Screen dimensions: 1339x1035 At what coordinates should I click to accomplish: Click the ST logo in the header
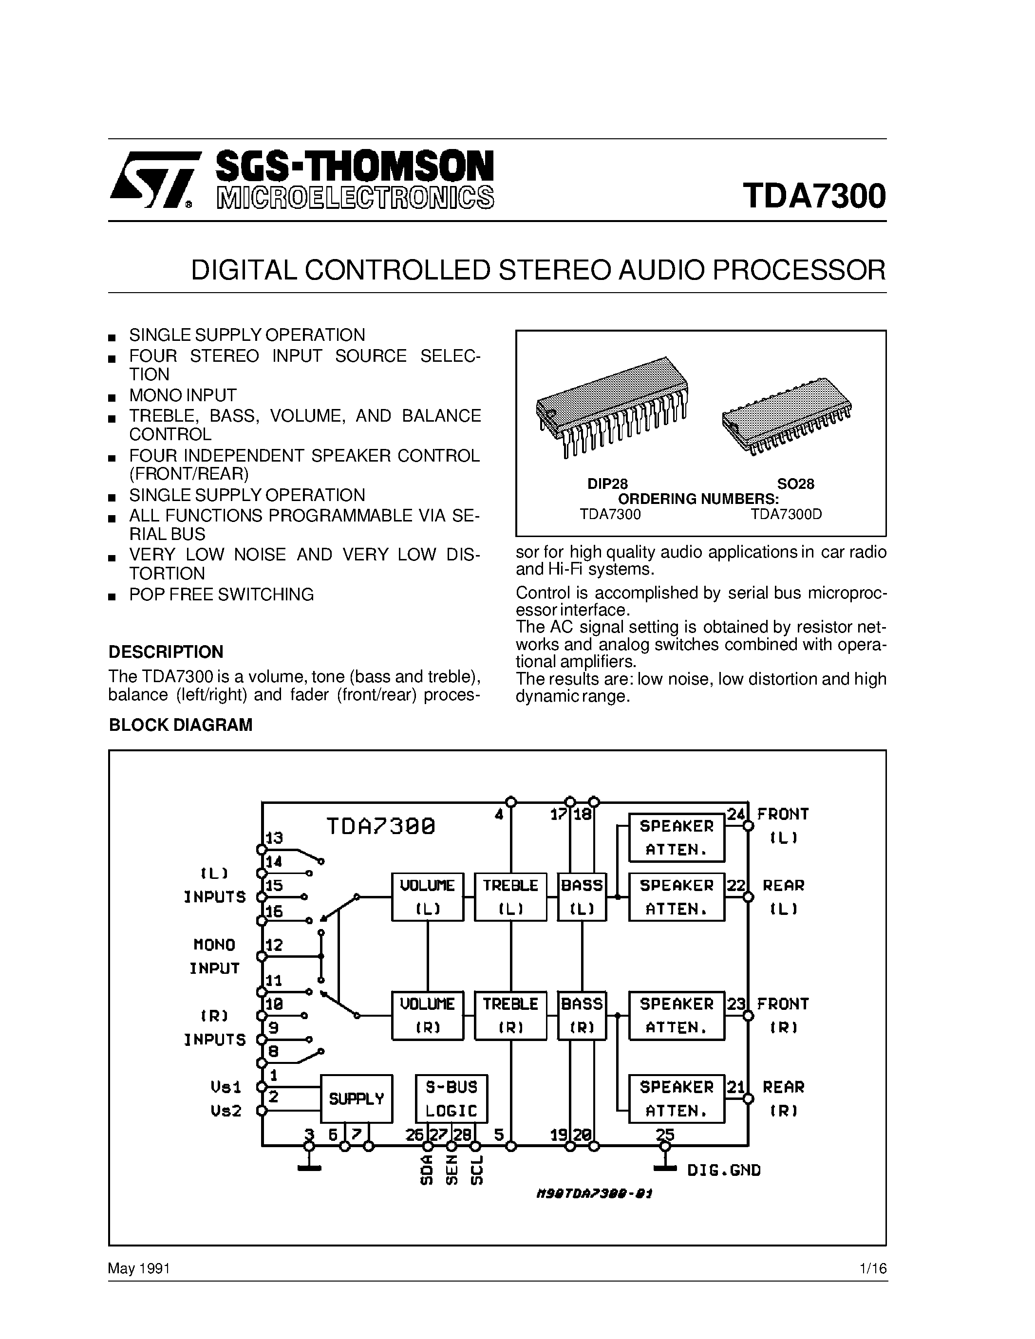(151, 180)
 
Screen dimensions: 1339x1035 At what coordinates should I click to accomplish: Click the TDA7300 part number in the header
(814, 196)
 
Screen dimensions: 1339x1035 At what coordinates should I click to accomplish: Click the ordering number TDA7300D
(786, 514)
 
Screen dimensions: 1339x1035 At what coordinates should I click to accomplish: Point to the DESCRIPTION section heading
(166, 651)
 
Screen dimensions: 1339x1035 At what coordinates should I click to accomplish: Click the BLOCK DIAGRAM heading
(180, 725)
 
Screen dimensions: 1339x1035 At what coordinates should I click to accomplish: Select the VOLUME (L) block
(427, 897)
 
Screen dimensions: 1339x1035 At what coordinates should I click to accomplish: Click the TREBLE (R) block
(510, 1015)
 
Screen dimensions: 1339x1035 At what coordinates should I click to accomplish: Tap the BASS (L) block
(581, 897)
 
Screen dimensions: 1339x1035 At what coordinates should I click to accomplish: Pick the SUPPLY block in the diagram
(356, 1098)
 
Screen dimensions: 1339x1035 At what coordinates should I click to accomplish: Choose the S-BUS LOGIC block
(452, 1098)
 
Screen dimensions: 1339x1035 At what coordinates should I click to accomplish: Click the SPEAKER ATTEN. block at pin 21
(677, 1098)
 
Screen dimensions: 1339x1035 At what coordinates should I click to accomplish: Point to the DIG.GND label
(723, 1170)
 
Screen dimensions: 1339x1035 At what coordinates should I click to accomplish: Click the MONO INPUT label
(214, 956)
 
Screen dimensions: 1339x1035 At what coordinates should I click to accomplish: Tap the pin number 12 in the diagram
(274, 945)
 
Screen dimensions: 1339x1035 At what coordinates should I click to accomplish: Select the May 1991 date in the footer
(139, 1268)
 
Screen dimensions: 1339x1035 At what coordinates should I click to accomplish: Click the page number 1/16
(873, 1268)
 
